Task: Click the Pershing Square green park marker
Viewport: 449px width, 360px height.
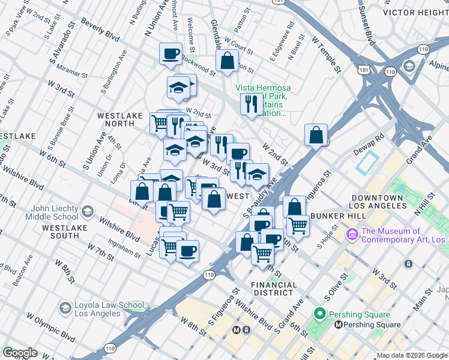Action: (319, 314)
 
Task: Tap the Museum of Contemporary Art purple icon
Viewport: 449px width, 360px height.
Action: (352, 232)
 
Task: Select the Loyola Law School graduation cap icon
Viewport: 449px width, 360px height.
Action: (65, 308)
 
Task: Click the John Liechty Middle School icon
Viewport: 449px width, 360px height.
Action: (88, 211)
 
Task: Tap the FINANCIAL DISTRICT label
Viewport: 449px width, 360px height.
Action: (274, 289)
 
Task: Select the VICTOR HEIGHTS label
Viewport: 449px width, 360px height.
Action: (415, 12)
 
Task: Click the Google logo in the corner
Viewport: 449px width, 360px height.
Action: (20, 353)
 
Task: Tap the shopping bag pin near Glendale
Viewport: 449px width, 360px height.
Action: (227, 61)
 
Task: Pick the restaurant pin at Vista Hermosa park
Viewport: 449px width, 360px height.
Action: (250, 104)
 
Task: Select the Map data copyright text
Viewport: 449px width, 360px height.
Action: (411, 355)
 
